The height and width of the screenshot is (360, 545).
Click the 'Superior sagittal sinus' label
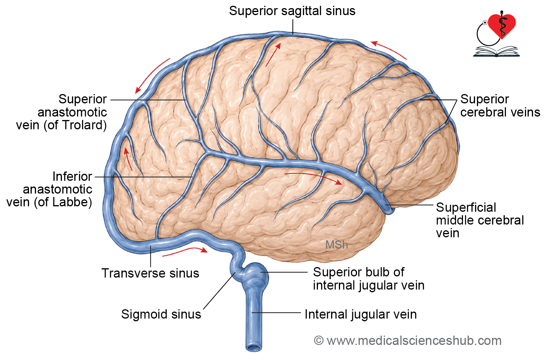tap(292, 11)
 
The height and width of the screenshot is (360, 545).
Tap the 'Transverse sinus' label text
tap(150, 273)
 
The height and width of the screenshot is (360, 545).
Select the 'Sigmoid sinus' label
tap(161, 314)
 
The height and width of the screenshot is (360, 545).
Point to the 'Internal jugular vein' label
tap(360, 314)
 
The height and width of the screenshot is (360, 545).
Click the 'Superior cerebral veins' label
tap(500, 106)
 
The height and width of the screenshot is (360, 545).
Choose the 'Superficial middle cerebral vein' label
tap(480, 220)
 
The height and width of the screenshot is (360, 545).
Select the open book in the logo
tap(496, 51)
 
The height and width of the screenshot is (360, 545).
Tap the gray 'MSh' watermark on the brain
tap(337, 245)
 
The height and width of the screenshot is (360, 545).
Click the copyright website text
tap(408, 341)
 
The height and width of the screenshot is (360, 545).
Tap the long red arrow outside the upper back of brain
tap(152, 76)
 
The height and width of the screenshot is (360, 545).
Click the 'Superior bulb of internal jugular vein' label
tap(369, 279)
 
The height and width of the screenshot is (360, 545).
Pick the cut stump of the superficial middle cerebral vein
tap(389, 209)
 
